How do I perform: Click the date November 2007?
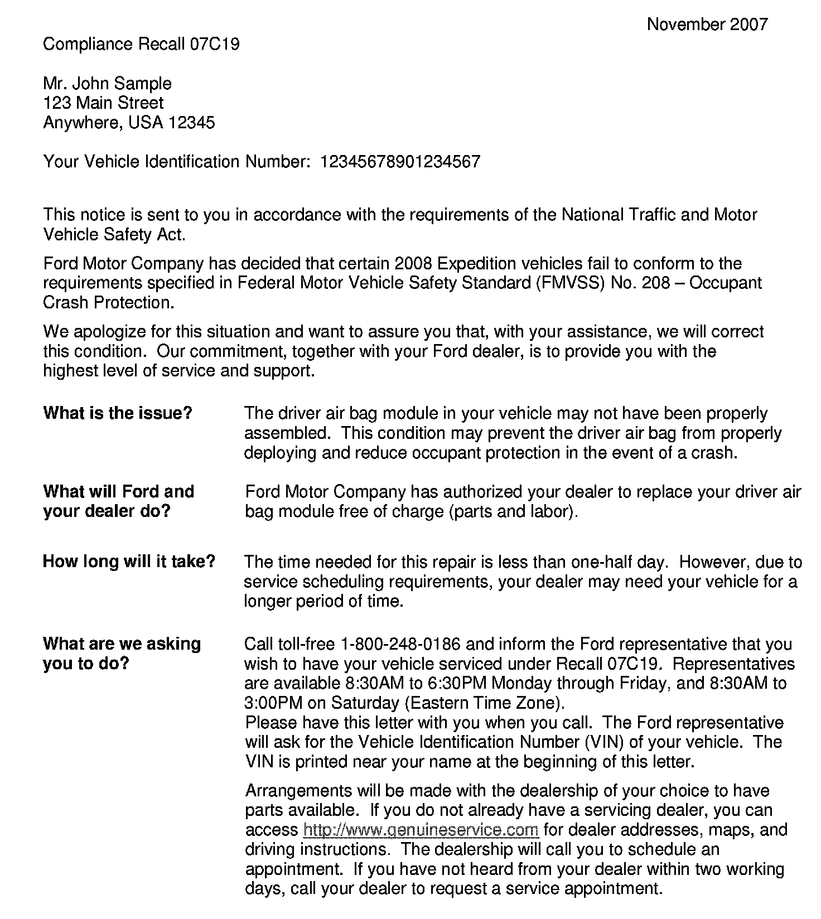[707, 24]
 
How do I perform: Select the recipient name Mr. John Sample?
[107, 84]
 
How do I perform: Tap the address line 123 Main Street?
[103, 103]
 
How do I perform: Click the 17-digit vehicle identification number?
[399, 162]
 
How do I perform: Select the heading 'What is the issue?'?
[117, 413]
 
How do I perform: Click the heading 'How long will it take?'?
[129, 561]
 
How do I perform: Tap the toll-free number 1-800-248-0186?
[400, 644]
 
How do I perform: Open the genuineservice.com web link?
[421, 830]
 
